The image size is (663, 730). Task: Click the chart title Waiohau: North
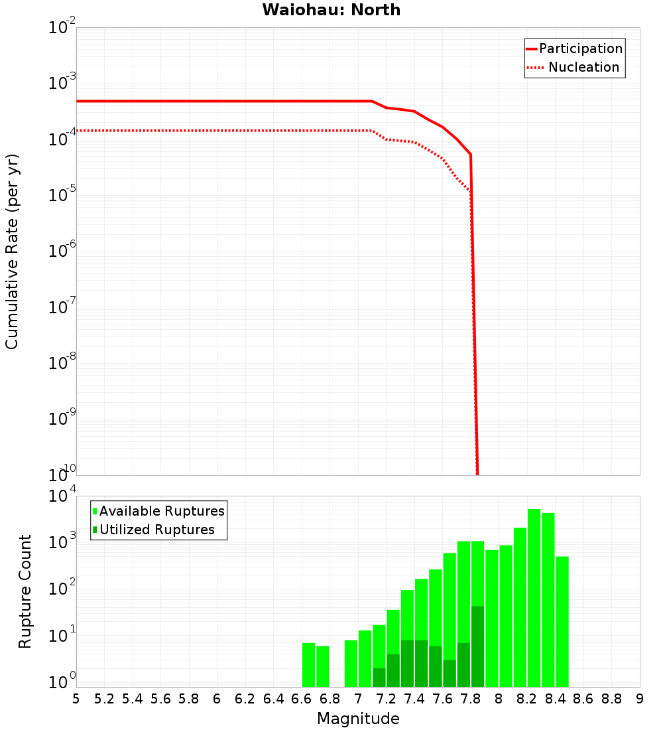(x=331, y=10)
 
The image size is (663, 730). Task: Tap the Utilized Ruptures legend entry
(x=156, y=530)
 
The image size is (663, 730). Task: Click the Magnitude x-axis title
(x=358, y=719)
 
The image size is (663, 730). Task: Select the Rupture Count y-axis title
(x=25, y=591)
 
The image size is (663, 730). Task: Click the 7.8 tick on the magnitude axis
(x=471, y=698)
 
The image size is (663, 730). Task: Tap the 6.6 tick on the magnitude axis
(x=302, y=698)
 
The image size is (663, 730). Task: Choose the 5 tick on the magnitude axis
(x=76, y=698)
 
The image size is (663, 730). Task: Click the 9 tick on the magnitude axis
(x=640, y=698)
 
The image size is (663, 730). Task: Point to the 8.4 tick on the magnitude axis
(x=555, y=698)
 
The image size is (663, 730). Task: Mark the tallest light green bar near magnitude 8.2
(x=534, y=597)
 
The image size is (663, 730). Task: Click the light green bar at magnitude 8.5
(x=562, y=621)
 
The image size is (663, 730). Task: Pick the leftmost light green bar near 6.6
(x=308, y=664)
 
